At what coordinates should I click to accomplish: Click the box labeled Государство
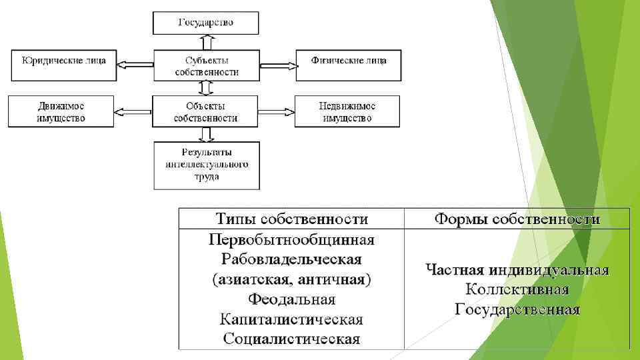[x=205, y=23]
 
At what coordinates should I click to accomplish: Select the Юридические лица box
[x=63, y=65]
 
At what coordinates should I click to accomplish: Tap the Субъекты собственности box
[x=205, y=65]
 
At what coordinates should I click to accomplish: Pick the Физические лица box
[x=348, y=65]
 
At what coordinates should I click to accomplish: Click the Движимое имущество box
[x=61, y=111]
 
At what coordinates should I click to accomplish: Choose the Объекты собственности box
[x=205, y=111]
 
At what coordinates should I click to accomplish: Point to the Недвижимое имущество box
[x=347, y=111]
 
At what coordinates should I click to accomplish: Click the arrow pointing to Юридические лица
[x=135, y=65]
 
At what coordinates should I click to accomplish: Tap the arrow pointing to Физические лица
[x=275, y=65]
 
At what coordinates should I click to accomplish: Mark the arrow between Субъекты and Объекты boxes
[x=205, y=89]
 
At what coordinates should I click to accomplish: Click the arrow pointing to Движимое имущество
[x=134, y=111]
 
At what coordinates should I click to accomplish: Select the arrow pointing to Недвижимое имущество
[x=275, y=111]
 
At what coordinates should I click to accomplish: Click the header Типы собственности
[x=292, y=219]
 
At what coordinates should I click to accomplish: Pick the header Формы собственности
[x=517, y=219]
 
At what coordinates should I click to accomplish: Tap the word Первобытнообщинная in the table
[x=292, y=239]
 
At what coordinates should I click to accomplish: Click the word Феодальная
[x=292, y=299]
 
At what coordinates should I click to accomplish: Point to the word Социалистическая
[x=292, y=339]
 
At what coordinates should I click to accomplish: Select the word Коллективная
[x=517, y=289]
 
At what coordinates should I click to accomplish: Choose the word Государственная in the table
[x=517, y=309]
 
